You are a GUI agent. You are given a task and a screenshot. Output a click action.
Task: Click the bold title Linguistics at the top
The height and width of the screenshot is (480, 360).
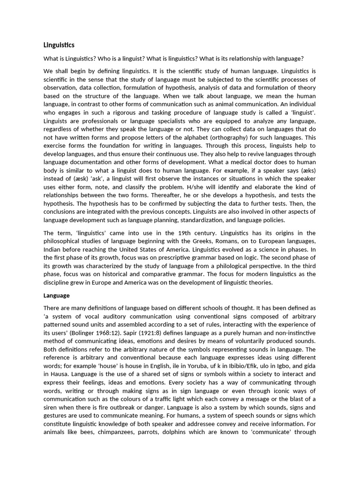(59, 45)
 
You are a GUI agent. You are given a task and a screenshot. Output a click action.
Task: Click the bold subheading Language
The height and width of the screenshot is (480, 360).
(56, 295)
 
